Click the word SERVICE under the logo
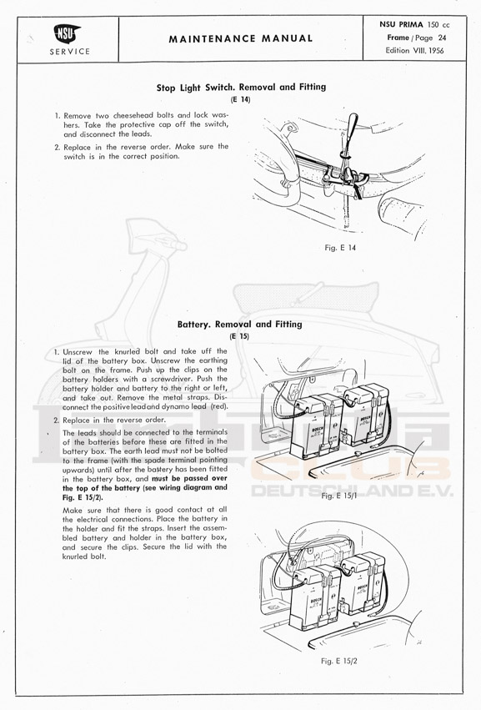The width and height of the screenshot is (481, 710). pyautogui.click(x=70, y=52)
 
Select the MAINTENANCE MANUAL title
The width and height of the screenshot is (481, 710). pyautogui.click(x=241, y=39)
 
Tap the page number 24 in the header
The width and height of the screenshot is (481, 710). pyautogui.click(x=442, y=38)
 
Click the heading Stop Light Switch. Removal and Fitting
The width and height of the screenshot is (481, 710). pyautogui.click(x=241, y=87)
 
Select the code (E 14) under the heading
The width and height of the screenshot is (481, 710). pyautogui.click(x=240, y=99)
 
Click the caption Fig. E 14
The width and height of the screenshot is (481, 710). pyautogui.click(x=340, y=248)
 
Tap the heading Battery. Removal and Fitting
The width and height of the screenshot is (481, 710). pyautogui.click(x=239, y=325)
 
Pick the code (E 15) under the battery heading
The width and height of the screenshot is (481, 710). pyautogui.click(x=239, y=336)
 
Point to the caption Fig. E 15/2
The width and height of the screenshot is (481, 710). pyautogui.click(x=339, y=661)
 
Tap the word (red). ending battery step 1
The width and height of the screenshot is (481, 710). pyautogui.click(x=219, y=406)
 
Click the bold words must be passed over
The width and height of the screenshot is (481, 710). pyautogui.click(x=189, y=479)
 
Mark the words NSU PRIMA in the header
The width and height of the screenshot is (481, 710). pyautogui.click(x=401, y=25)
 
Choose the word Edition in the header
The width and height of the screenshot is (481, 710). pyautogui.click(x=398, y=51)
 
